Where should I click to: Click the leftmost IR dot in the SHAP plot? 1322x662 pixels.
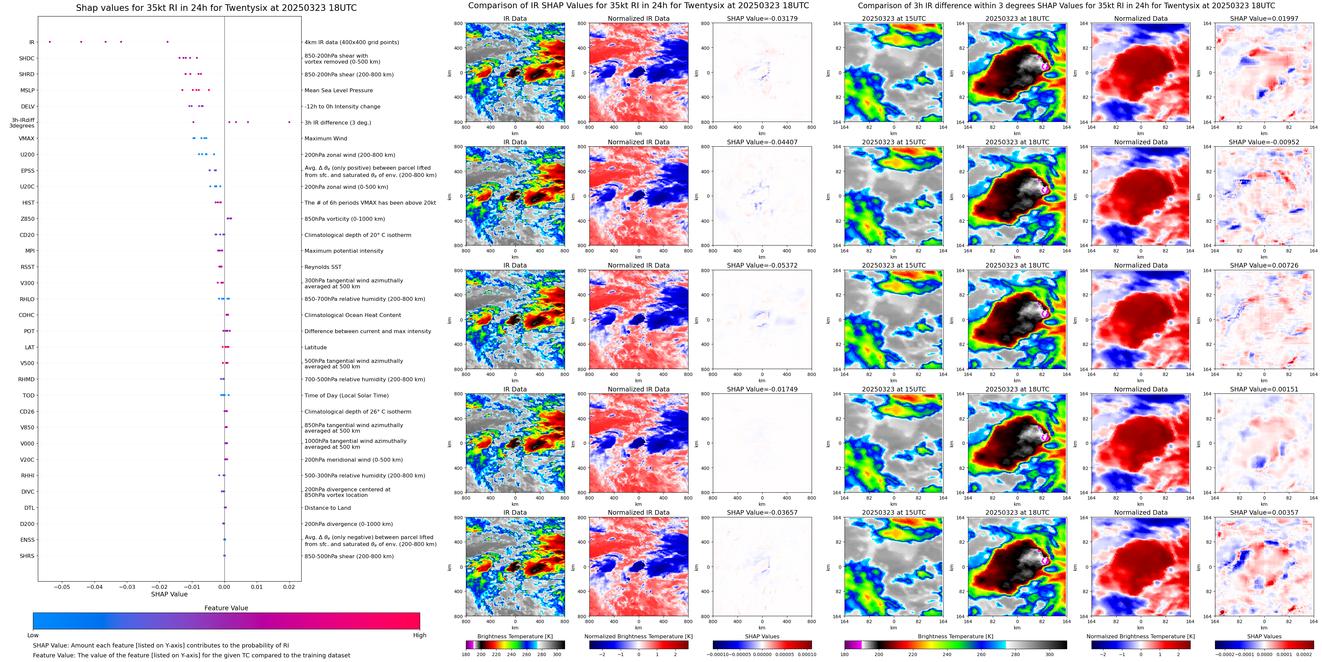(x=49, y=42)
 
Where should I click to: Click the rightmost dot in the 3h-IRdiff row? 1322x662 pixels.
(x=289, y=122)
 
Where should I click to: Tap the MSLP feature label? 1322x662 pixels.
(x=28, y=90)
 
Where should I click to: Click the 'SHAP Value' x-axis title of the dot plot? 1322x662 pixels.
(x=169, y=594)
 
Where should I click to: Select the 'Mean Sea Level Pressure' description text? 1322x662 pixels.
(x=339, y=90)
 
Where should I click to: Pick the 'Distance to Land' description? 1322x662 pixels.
(x=327, y=508)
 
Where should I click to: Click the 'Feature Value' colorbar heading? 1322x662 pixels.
(x=226, y=608)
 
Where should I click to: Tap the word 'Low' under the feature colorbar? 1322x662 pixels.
(x=33, y=635)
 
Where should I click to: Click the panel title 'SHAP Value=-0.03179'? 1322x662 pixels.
(x=762, y=18)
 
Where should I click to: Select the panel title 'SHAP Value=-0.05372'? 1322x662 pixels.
(x=762, y=266)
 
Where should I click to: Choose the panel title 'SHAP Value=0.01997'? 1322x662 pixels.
(x=1264, y=18)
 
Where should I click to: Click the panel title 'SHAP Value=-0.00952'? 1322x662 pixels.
(x=1264, y=142)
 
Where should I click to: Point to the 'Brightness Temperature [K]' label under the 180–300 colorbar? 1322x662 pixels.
(x=515, y=636)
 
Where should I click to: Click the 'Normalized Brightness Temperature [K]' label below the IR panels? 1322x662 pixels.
(x=638, y=636)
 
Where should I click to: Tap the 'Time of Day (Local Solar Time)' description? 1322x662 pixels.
(x=346, y=395)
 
